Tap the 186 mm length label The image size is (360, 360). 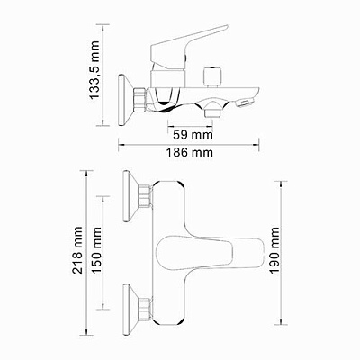(190, 154)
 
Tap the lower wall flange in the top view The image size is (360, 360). (127, 306)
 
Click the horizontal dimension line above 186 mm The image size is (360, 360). (189, 143)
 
